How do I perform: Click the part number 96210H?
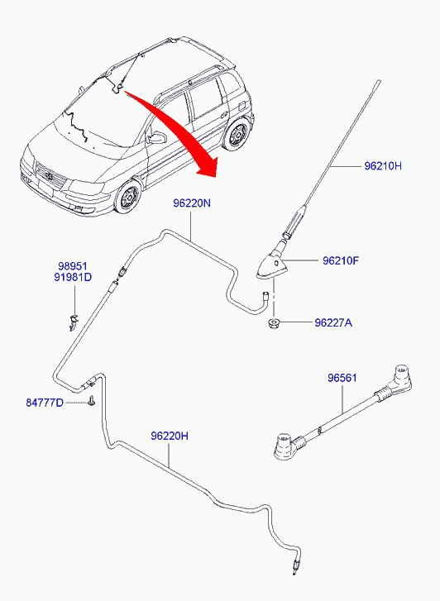click(382, 166)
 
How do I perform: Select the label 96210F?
click(341, 261)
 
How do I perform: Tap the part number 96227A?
click(333, 323)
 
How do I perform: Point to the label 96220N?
click(192, 203)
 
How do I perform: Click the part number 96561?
click(342, 378)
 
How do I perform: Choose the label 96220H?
click(170, 436)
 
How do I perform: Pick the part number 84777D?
click(45, 403)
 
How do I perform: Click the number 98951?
click(73, 266)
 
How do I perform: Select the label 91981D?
click(73, 277)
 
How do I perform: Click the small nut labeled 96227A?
click(273, 323)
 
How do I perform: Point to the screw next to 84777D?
click(91, 402)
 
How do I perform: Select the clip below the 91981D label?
click(73, 322)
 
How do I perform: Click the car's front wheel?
click(127, 197)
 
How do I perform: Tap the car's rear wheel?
click(236, 135)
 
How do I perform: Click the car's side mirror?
click(157, 138)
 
